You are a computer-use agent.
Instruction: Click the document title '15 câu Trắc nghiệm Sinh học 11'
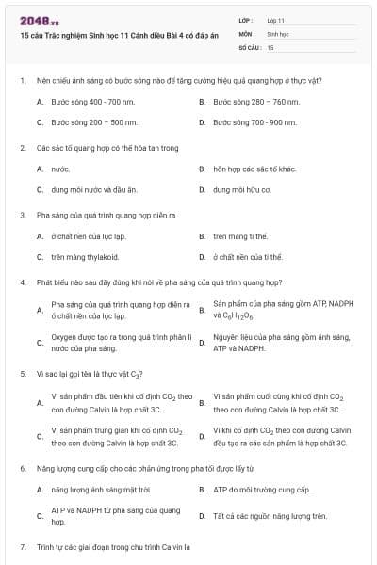[x=105, y=32]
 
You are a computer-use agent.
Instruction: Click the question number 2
[x=22, y=148]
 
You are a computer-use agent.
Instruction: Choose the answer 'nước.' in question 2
[x=60, y=169]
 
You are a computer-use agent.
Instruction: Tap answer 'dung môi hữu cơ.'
[x=242, y=190]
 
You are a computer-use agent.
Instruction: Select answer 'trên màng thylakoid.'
[x=85, y=256]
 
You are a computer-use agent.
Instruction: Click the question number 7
[x=22, y=546]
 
